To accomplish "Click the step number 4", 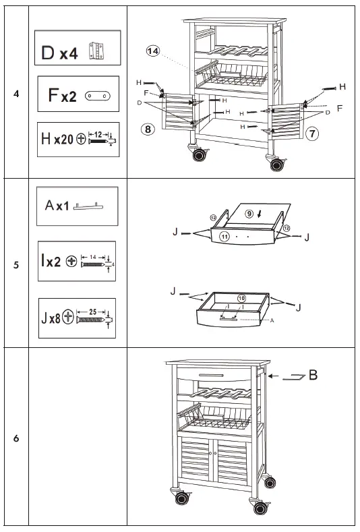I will [x=16, y=93].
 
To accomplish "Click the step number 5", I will [x=16, y=264].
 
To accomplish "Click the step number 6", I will [x=16, y=439].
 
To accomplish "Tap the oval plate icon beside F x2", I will [x=98, y=96].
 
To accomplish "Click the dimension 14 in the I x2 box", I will [x=92, y=257].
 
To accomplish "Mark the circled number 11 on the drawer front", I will [x=224, y=237].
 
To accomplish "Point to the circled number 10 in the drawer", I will [x=241, y=297].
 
